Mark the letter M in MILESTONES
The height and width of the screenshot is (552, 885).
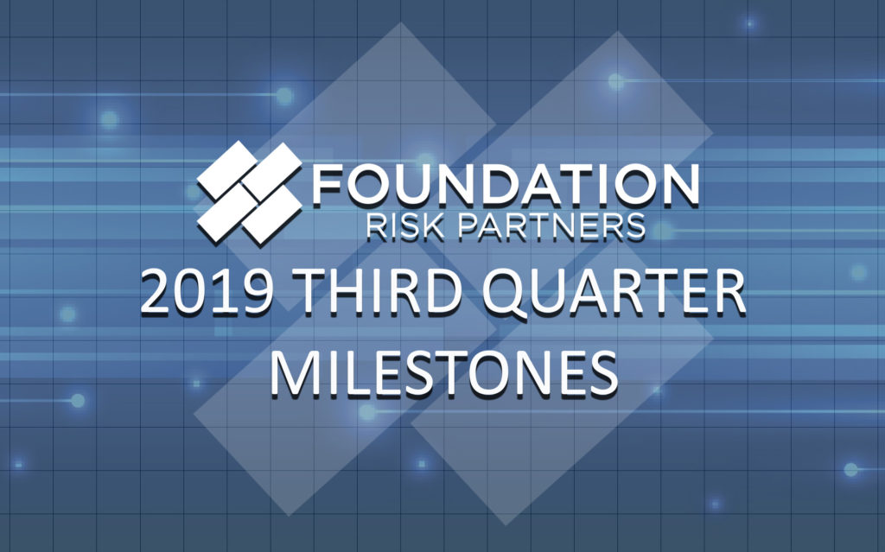point(296,369)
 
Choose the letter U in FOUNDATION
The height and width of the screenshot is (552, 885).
point(410,184)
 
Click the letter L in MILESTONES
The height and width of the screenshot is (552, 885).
point(358,369)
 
